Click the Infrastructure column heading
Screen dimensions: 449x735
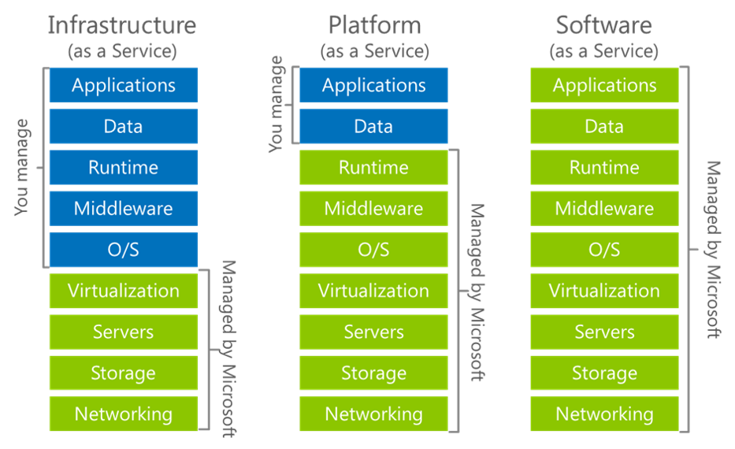(122, 25)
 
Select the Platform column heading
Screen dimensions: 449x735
(374, 25)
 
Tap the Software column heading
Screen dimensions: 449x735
(603, 25)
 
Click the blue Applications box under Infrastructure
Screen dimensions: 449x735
(124, 85)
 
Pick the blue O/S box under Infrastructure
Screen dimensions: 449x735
(124, 250)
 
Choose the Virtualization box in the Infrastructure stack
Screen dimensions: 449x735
(124, 291)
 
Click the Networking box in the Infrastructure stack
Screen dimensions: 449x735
(124, 414)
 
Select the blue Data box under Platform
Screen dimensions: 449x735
(373, 126)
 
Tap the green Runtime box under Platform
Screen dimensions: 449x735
(373, 168)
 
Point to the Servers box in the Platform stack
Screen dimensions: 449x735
(373, 332)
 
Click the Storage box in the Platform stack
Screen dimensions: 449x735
(373, 373)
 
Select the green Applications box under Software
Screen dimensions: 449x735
(604, 85)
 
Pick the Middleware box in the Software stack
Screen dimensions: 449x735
(604, 209)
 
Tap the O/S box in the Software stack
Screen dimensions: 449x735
(604, 250)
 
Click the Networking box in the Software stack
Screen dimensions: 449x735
(604, 414)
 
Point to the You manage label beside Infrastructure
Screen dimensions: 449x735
(22, 167)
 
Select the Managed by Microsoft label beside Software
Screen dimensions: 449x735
(713, 250)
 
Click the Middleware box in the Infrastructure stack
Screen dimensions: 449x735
(124, 209)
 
